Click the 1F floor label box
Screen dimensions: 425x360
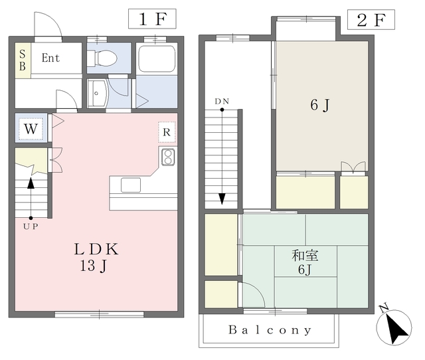(152, 19)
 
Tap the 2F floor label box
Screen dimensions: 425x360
(371, 19)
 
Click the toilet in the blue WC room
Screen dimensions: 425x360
(102, 58)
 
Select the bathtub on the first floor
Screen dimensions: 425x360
(157, 58)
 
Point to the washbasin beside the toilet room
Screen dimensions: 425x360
(98, 94)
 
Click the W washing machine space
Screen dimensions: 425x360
(31, 128)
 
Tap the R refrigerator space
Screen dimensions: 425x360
(167, 132)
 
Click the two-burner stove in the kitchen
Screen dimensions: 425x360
(168, 157)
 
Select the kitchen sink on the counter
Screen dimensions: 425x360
(131, 185)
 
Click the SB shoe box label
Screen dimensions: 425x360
(23, 60)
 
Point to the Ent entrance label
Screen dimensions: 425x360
(50, 58)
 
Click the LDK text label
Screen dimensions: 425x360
(96, 249)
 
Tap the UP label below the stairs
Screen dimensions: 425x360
(31, 226)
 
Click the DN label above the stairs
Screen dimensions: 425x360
(222, 102)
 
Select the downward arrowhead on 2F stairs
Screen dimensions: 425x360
(222, 199)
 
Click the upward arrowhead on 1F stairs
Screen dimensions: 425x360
(31, 183)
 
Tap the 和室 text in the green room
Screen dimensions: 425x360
(305, 255)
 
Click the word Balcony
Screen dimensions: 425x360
(270, 330)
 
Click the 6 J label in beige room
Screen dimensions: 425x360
(320, 105)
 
